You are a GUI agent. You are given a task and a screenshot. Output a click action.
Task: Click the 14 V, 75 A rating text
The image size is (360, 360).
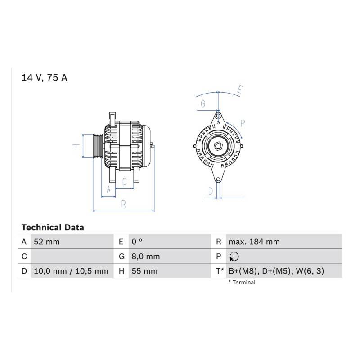(x=44, y=78)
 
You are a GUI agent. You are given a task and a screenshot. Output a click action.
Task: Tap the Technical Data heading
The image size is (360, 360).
(x=53, y=228)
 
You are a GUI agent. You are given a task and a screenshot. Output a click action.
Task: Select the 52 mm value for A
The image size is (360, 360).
(x=47, y=242)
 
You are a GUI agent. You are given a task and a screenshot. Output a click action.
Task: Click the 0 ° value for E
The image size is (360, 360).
(x=137, y=242)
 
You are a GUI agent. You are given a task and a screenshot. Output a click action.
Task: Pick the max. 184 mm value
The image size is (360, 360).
(x=254, y=242)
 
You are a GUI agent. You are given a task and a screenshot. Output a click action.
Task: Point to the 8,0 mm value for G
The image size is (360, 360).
(x=145, y=256)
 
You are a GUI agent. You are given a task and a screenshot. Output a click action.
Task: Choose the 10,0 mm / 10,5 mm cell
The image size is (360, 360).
(x=71, y=271)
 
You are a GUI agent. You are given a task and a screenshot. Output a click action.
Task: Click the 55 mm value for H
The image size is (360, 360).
(x=144, y=271)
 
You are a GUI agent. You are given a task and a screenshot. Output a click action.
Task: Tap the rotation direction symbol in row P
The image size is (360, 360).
(x=234, y=256)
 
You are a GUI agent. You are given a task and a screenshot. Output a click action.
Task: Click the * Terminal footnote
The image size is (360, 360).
(x=242, y=283)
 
